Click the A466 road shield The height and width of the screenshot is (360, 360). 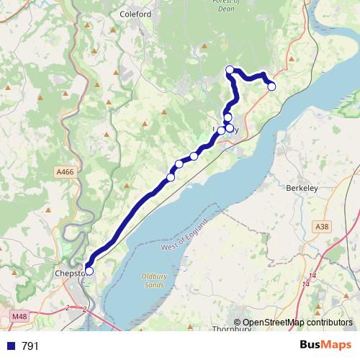pyautogui.click(x=64, y=172)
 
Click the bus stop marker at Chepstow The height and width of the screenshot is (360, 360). pyautogui.click(x=89, y=271)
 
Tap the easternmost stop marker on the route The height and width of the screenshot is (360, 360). pyautogui.click(x=271, y=86)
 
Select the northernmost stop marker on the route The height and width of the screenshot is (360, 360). pyautogui.click(x=230, y=69)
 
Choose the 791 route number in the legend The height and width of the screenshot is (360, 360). pyautogui.click(x=30, y=346)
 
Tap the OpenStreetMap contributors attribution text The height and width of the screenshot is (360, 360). pyautogui.click(x=297, y=323)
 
